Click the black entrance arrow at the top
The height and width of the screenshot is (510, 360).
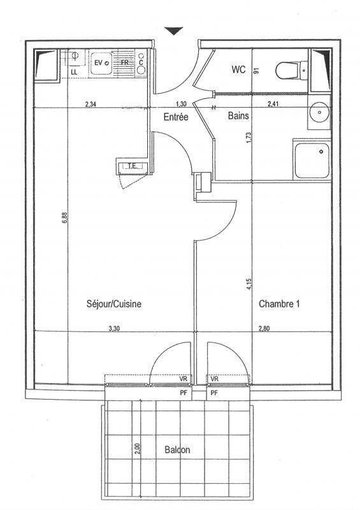pos(174,31)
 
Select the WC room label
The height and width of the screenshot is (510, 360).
pos(238,69)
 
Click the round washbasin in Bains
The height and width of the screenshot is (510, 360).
pos(319,113)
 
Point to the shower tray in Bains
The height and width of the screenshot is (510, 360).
pos(312,161)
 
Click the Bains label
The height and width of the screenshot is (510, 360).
pos(238,115)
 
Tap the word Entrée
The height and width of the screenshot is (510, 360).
pos(176,117)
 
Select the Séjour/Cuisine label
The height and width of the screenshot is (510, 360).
pos(114,304)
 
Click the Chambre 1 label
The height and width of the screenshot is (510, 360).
pos(279,304)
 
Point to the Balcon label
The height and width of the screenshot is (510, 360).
pos(177,450)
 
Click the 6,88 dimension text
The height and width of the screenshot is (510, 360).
pos(65,217)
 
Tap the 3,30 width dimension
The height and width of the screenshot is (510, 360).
pos(114,328)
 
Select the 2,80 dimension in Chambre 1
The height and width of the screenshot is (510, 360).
pos(264,328)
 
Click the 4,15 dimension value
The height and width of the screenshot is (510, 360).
pos(249,284)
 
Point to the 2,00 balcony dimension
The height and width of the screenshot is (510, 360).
pos(137,449)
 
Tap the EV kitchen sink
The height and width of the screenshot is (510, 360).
pos(101,62)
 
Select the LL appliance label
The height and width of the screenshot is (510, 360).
pos(74,73)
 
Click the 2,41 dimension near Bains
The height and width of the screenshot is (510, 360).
pos(273,104)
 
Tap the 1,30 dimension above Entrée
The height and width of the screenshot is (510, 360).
pos(181,104)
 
